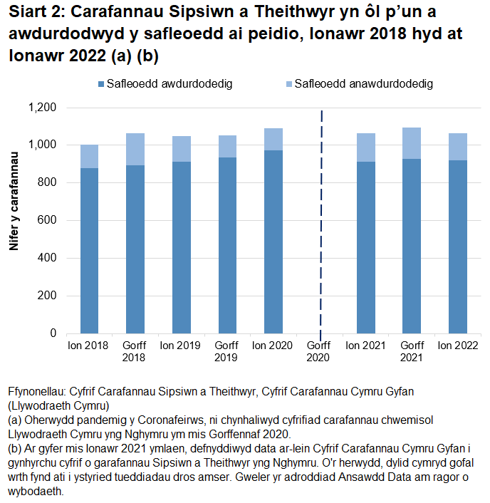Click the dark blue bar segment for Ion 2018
pos(89,251)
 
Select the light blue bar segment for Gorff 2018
pos(135,150)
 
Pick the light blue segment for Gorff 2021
pos(412,143)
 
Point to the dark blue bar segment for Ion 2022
pos(457,247)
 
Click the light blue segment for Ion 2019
pos(182,149)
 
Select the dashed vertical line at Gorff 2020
pos(321,214)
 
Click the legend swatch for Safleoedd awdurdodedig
pos(100,84)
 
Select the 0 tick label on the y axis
pos(53,333)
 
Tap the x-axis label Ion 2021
pos(365,346)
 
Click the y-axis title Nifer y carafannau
pos(14,207)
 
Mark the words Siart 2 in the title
pos(34,13)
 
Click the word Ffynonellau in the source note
pos(36,392)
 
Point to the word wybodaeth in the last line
pos(36,492)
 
